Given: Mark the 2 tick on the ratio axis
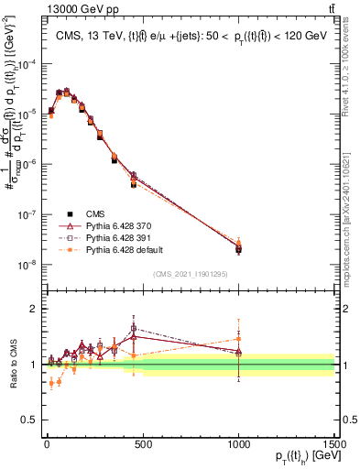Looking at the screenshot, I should (x=34, y=309).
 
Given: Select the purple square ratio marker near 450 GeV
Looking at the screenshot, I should (x=134, y=328).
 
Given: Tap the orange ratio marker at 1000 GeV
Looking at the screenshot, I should (x=238, y=339).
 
